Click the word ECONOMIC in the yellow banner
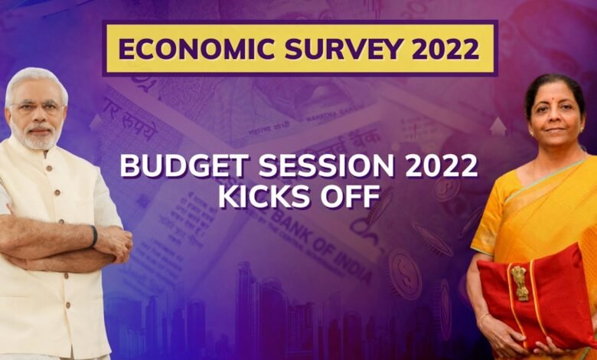[197, 49]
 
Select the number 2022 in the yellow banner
[445, 49]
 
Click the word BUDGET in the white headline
[184, 166]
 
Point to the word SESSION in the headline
[326, 166]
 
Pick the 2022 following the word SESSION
[442, 166]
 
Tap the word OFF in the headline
[350, 196]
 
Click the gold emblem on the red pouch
[520, 283]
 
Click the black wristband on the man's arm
[93, 236]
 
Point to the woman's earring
[582, 130]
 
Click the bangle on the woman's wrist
[484, 316]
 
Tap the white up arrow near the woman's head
[498, 126]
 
